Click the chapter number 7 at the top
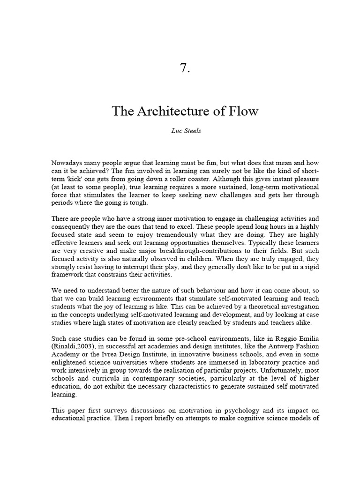tap(185, 68)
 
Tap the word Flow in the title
tap(243, 112)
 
